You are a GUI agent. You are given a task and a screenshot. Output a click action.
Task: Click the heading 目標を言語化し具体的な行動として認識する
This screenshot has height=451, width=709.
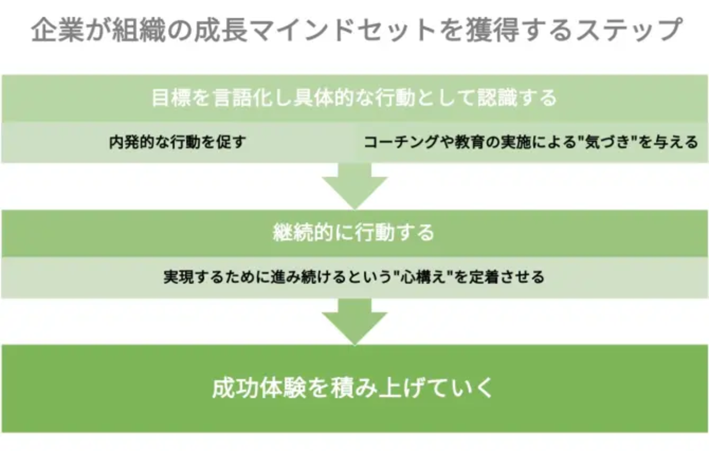[354, 98]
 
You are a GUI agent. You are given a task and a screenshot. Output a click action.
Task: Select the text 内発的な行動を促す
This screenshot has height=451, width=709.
[178, 142]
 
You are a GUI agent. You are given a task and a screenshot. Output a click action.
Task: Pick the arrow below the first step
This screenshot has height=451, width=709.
[354, 185]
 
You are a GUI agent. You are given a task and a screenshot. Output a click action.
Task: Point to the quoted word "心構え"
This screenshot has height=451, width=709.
[417, 277]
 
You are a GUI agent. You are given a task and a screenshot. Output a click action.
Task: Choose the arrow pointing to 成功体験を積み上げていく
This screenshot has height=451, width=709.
[354, 320]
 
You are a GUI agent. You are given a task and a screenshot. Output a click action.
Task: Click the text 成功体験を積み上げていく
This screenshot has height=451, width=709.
[353, 388]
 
